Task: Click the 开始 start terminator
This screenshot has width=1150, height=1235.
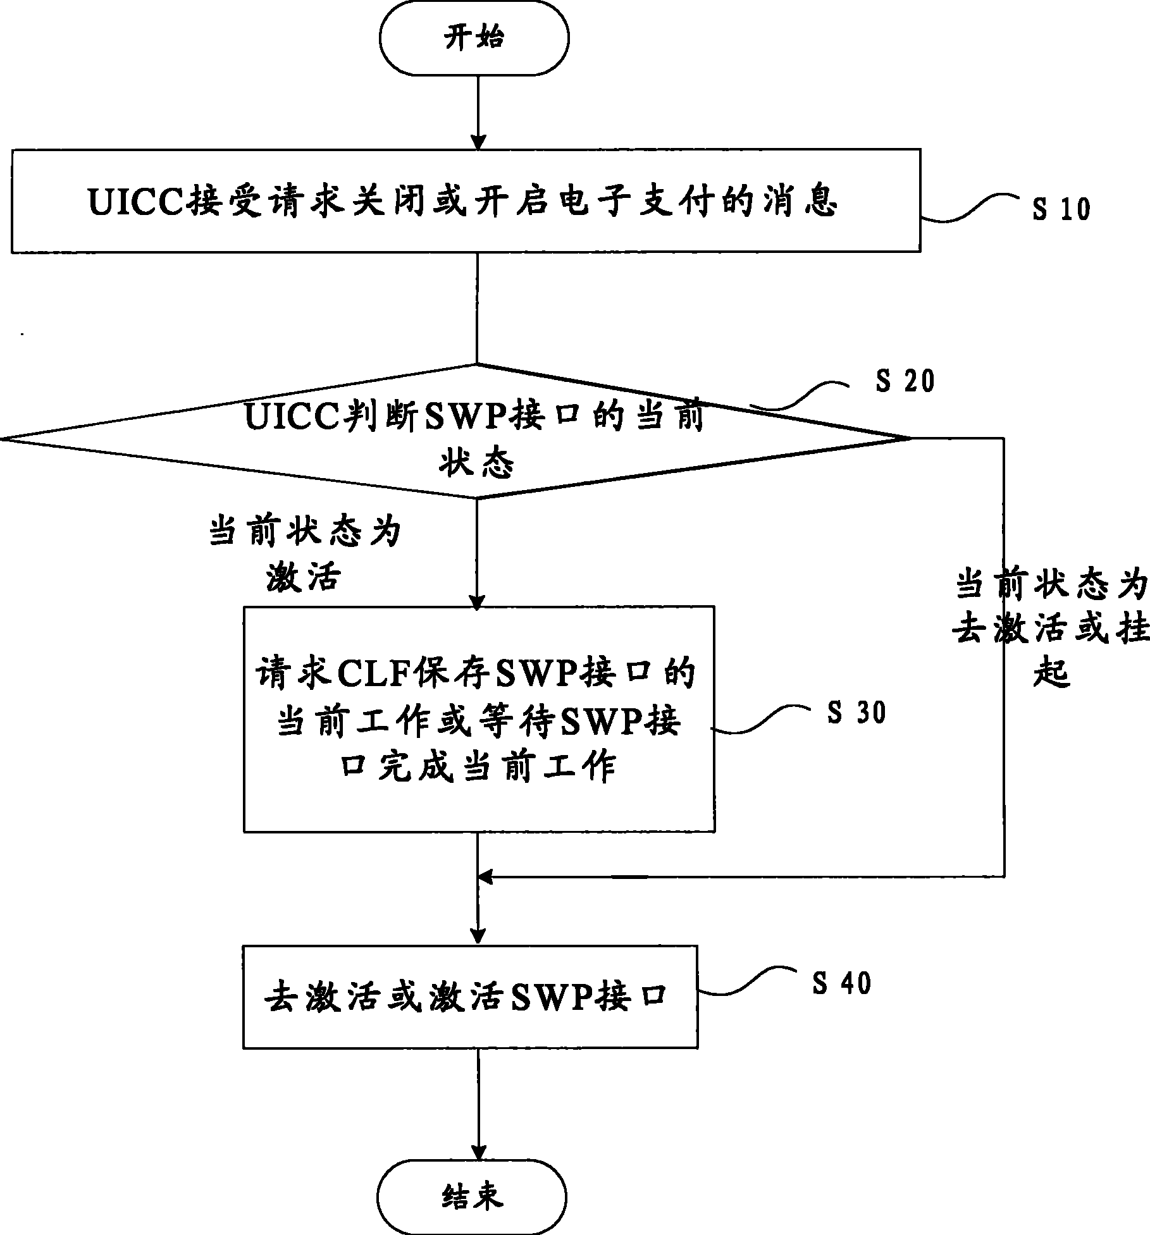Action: pyautogui.click(x=474, y=39)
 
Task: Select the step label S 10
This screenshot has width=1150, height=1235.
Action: pyautogui.click(x=1061, y=209)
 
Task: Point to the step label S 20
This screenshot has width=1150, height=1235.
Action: pyautogui.click(x=905, y=381)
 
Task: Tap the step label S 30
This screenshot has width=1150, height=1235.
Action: pyautogui.click(x=856, y=713)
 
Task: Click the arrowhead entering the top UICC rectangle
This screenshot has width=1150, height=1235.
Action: pyautogui.click(x=478, y=141)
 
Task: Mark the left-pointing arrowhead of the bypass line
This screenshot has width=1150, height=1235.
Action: pyautogui.click(x=486, y=877)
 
